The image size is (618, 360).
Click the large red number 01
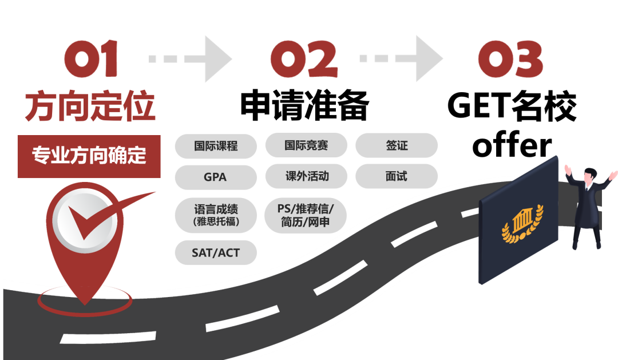92,60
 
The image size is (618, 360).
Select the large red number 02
304,60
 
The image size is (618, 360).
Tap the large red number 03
510,60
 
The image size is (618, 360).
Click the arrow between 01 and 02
191,59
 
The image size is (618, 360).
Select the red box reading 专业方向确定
89,156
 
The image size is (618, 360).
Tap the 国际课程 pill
216,145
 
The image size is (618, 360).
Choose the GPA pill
216,177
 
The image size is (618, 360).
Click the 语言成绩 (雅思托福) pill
216,215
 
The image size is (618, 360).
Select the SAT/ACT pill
216,252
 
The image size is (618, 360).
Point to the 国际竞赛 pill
306,145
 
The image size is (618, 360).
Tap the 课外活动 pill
306,176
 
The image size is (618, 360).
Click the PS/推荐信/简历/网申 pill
306,215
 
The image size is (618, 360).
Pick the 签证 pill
397,145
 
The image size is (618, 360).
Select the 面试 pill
397,176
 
